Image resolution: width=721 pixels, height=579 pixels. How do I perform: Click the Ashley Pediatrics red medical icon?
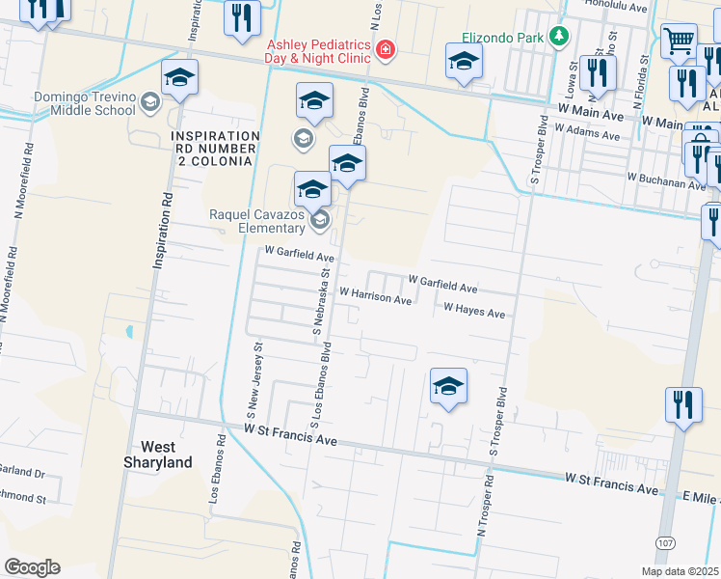386,49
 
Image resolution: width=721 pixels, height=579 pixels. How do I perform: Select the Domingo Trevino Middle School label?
85,102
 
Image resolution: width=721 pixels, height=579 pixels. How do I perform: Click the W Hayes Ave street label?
474,312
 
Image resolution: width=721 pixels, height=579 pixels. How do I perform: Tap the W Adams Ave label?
588,131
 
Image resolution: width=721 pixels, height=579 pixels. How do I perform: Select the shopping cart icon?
679,41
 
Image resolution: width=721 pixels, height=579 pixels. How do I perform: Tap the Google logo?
32,567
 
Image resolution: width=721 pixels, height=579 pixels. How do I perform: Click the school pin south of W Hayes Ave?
448,387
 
